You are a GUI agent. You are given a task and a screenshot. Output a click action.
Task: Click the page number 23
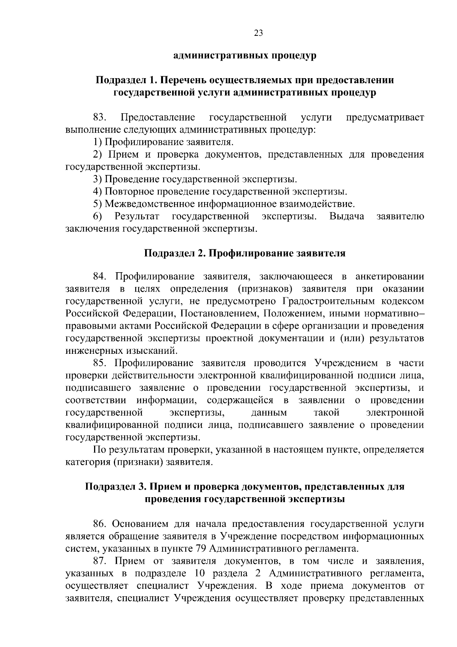pos(258,33)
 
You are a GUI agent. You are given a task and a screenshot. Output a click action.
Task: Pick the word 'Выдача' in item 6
pos(347,217)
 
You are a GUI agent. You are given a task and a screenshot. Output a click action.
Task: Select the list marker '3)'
pos(97,179)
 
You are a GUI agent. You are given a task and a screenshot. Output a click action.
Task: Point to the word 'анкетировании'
pos(389,276)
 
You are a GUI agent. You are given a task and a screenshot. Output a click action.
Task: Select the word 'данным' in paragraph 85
pos(269,413)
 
